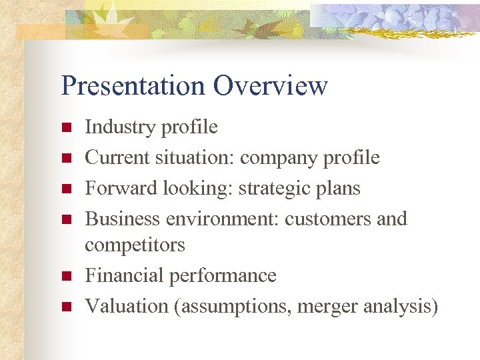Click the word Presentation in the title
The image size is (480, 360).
coord(133,86)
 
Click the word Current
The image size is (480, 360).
coord(117,157)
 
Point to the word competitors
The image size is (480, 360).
coord(135,245)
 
